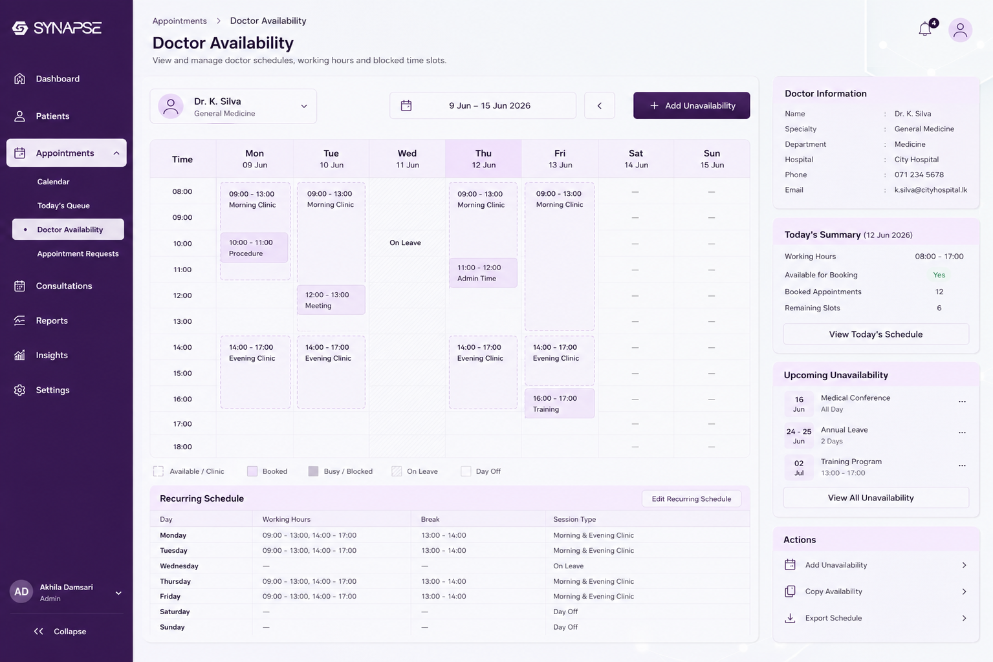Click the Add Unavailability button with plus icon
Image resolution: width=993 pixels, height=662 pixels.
691,105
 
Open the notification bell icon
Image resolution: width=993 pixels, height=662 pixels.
924,29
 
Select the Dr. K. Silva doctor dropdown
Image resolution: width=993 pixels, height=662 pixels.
233,106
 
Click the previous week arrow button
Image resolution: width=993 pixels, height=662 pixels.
599,105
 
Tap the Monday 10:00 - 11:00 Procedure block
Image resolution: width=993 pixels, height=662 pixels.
254,248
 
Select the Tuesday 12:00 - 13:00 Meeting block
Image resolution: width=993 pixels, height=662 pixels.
331,300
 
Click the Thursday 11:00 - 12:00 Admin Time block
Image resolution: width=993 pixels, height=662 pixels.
483,273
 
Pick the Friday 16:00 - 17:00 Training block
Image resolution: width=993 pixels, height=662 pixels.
559,403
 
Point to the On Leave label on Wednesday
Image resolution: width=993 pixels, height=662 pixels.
405,242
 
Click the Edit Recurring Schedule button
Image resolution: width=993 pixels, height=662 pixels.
691,498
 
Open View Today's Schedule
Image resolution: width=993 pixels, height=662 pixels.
875,334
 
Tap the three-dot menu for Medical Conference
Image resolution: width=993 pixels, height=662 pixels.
962,401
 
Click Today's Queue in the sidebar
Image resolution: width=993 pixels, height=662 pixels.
63,206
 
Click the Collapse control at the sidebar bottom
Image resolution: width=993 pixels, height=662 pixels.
60,631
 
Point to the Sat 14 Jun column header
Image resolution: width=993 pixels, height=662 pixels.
636,158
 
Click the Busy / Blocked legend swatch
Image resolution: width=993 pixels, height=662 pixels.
313,471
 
